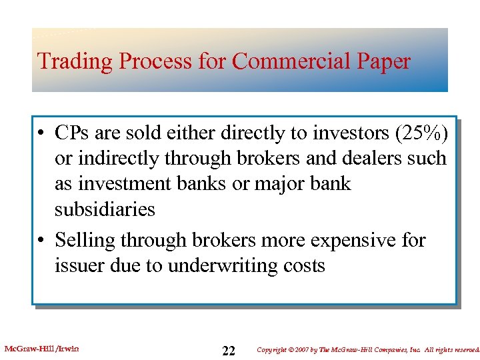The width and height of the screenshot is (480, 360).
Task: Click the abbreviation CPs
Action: (73, 133)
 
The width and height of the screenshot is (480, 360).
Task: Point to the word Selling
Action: (87, 240)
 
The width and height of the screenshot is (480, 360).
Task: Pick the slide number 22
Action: (229, 351)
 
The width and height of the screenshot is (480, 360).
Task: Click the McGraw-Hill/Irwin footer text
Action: (41, 348)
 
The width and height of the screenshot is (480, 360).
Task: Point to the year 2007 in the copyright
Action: (306, 349)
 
